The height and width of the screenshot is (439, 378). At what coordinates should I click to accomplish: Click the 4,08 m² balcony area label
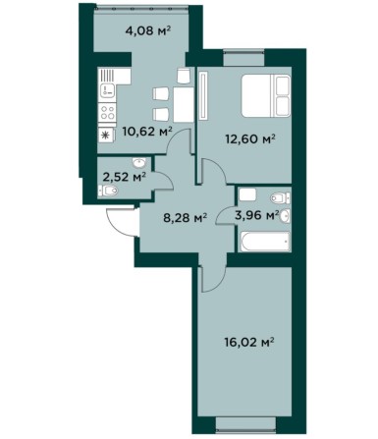148,31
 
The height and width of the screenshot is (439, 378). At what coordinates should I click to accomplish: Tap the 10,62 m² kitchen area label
147,132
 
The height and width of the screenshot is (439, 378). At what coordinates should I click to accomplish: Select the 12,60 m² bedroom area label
249,139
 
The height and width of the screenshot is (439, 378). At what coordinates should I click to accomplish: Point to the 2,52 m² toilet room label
125,177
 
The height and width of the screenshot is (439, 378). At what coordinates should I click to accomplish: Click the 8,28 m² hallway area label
186,217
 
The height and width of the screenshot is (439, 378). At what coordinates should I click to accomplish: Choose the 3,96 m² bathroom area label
257,215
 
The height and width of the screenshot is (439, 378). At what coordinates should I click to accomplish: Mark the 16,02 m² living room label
249,343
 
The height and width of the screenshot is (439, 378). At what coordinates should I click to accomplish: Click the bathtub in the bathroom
264,242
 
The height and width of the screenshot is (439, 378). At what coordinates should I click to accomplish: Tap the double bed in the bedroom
266,95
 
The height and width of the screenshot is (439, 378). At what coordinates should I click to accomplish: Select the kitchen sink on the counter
107,89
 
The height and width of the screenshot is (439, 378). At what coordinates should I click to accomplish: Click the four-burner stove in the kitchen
107,112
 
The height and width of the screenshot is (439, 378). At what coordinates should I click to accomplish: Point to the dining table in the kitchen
184,104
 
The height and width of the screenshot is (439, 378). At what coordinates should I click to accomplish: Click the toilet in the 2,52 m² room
108,191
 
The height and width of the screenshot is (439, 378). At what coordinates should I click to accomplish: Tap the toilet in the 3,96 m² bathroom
280,197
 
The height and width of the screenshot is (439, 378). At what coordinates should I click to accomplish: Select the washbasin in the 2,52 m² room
139,162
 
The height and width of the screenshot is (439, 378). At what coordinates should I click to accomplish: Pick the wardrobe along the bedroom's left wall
203,95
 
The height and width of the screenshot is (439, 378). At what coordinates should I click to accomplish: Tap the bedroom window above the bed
243,58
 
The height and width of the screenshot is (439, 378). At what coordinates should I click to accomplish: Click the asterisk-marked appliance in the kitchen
106,136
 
